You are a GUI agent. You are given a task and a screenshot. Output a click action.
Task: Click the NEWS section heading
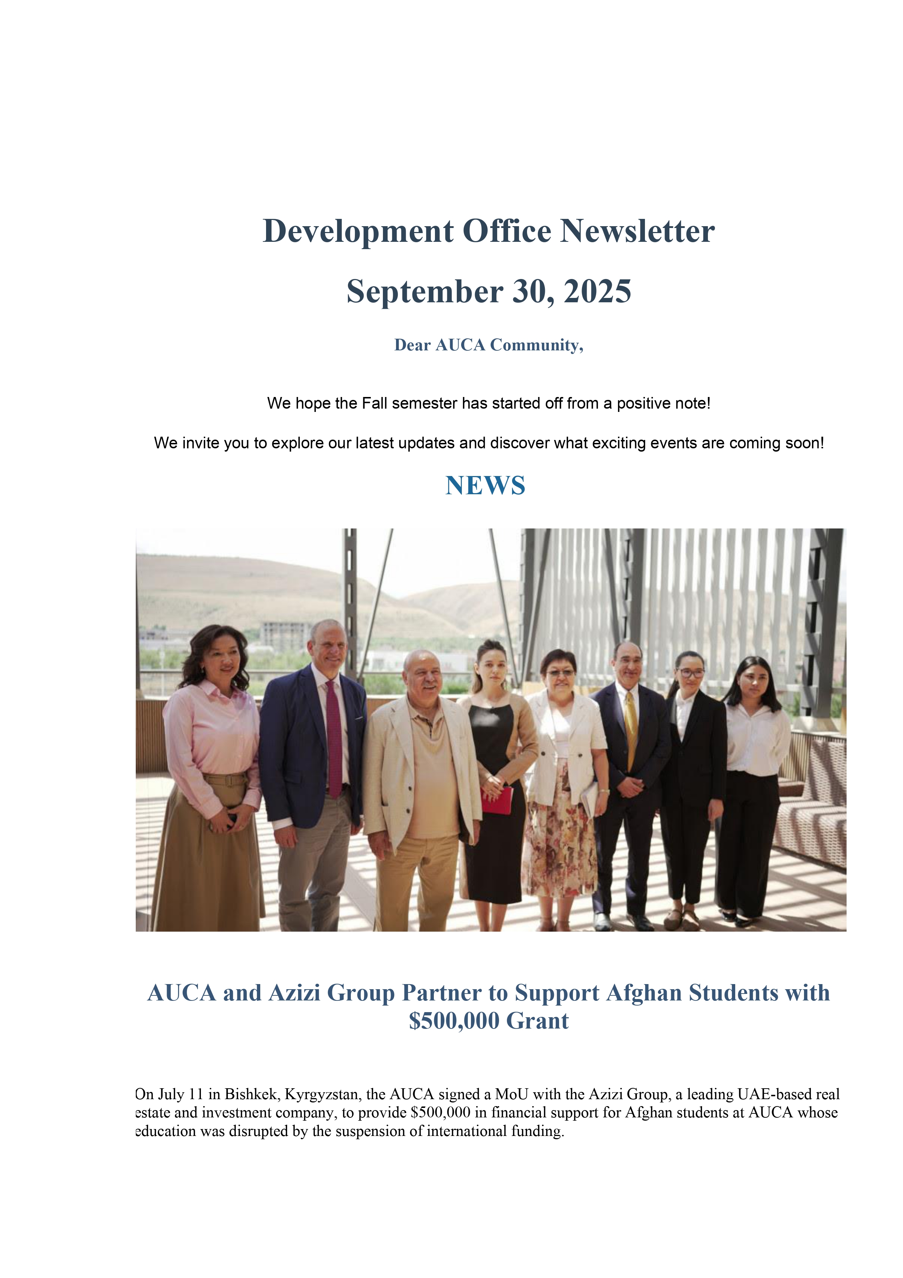pyautogui.click(x=485, y=485)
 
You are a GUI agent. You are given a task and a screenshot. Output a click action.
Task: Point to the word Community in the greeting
pyautogui.click(x=536, y=345)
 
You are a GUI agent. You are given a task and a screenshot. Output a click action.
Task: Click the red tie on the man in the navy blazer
pyautogui.click(x=333, y=740)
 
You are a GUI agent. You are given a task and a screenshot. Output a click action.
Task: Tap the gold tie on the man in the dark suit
pyautogui.click(x=631, y=729)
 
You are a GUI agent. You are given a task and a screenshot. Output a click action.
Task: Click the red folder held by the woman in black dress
pyautogui.click(x=497, y=799)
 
